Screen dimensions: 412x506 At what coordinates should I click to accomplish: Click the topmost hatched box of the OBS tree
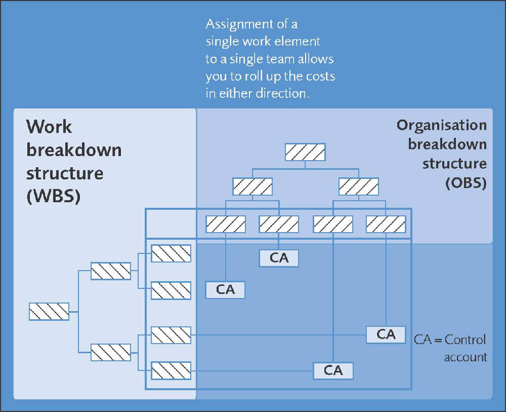(305, 152)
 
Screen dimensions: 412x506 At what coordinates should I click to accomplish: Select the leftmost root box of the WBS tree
(49, 311)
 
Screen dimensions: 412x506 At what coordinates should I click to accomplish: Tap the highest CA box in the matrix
(279, 258)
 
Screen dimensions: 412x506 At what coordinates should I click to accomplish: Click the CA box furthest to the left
(225, 290)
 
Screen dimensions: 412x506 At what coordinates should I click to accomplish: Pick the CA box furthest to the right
(386, 334)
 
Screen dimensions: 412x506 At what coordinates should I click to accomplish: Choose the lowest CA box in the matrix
(333, 370)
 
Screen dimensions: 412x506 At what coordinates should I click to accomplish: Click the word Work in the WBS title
(49, 127)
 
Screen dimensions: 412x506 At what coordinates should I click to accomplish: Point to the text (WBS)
(54, 197)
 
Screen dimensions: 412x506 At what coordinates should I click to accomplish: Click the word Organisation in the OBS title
(441, 125)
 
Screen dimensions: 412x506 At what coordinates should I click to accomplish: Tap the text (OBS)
(466, 183)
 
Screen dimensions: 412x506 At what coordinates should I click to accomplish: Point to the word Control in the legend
(465, 340)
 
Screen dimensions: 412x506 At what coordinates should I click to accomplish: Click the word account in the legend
(466, 357)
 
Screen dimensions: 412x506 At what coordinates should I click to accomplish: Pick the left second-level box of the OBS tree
(252, 186)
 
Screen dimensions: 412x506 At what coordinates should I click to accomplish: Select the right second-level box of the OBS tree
(358, 186)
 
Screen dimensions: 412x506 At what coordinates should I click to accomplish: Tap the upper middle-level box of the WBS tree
(110, 271)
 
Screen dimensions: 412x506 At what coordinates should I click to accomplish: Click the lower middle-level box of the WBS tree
(110, 352)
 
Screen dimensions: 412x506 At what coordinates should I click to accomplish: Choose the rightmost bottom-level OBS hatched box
(386, 224)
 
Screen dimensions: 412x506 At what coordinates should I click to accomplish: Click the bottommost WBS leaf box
(171, 370)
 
